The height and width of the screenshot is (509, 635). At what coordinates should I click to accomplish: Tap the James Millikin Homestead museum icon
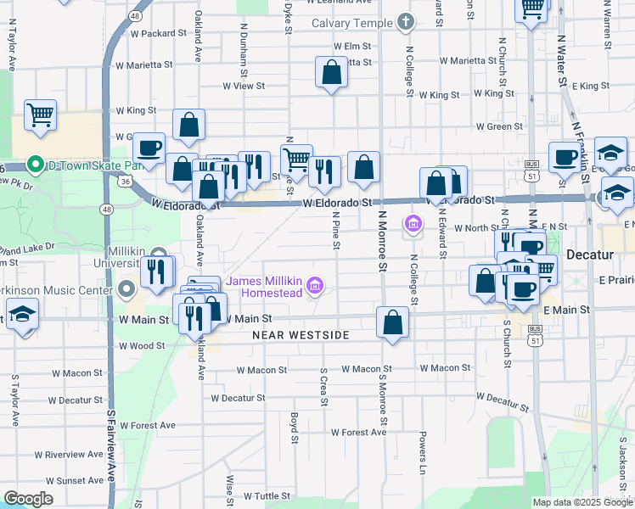(315, 286)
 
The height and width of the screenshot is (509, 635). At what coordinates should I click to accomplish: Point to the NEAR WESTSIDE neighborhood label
(301, 335)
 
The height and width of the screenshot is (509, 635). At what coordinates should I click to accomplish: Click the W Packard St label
(159, 33)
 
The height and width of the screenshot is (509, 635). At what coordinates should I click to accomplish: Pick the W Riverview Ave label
(75, 455)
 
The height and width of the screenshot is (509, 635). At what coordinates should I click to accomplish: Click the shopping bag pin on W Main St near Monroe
(392, 322)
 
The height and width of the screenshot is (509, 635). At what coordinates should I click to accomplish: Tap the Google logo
(28, 499)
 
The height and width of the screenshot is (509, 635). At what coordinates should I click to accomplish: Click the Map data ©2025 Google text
(582, 502)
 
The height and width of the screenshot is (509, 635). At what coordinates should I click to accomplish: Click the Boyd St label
(294, 428)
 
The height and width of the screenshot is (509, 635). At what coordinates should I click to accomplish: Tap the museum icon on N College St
(413, 224)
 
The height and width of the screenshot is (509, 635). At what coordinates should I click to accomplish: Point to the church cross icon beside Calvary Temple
(405, 22)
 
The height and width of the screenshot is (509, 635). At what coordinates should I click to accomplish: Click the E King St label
(591, 86)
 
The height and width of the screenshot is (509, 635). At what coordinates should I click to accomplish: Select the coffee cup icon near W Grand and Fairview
(149, 148)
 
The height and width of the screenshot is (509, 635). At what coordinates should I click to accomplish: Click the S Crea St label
(323, 387)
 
